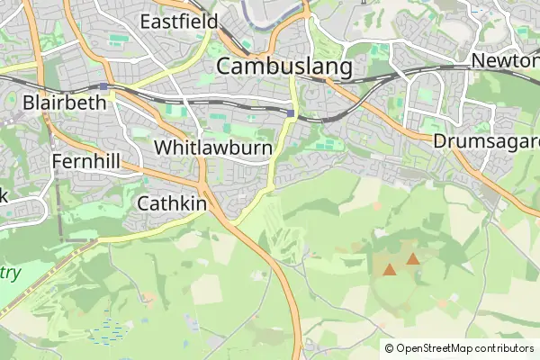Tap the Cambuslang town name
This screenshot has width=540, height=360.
283,67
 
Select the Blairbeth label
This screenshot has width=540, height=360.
65,102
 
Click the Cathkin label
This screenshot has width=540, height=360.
172,203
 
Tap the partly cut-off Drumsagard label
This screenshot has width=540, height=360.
486,141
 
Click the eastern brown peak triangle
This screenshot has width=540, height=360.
412,259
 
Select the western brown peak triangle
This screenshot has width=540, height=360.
390,268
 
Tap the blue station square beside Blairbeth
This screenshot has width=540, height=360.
104,86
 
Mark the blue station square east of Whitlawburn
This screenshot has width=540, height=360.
292,112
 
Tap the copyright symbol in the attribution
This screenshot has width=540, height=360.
389,348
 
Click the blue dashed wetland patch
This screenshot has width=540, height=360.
108,330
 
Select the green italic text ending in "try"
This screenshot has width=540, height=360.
9,272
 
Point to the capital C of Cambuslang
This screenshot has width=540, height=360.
226,67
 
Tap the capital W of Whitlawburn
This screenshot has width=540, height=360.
164,147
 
